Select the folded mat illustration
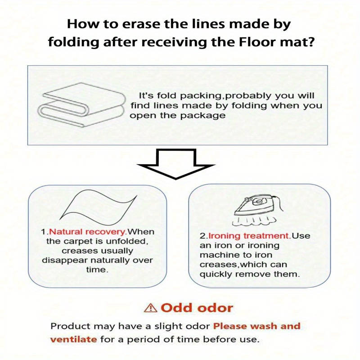click(81, 105)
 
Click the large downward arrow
click(176, 164)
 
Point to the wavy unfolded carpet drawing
click(98, 207)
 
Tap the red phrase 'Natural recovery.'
click(88, 232)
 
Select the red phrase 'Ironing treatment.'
click(250, 236)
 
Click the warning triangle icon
click(151, 308)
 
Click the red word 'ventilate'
click(73, 339)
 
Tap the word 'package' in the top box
click(203, 116)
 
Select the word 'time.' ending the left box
click(97, 270)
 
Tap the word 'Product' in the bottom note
click(71, 326)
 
